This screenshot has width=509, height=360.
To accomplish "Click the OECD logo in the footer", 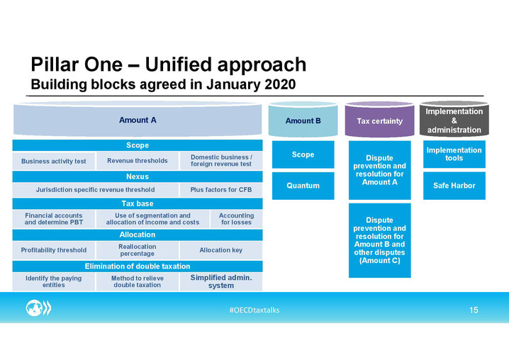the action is pyautogui.click(x=38, y=308).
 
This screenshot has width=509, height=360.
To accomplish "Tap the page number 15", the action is pyautogui.click(x=474, y=310).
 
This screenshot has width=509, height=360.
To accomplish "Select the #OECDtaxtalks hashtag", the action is pyautogui.click(x=254, y=310).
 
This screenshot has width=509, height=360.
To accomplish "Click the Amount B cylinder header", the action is pyautogui.click(x=303, y=119).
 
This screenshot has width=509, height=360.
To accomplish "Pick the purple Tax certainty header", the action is pyautogui.click(x=379, y=119).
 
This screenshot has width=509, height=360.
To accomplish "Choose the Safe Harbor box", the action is pyautogui.click(x=454, y=186).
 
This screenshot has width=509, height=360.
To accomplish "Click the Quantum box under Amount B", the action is pyautogui.click(x=303, y=186).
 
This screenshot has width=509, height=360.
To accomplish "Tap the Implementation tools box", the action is pyautogui.click(x=454, y=154).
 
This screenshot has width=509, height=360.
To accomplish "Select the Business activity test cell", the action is pyautogui.click(x=54, y=161).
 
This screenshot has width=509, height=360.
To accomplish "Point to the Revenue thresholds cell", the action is pyautogui.click(x=138, y=161).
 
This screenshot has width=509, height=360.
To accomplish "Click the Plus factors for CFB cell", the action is pyautogui.click(x=221, y=190).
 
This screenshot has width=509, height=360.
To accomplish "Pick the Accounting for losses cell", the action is pyautogui.click(x=236, y=219).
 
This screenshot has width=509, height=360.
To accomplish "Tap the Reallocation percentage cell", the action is pyautogui.click(x=138, y=250).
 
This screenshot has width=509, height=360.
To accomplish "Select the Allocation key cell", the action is pyautogui.click(x=221, y=250).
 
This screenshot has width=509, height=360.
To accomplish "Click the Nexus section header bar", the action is pyautogui.click(x=138, y=176).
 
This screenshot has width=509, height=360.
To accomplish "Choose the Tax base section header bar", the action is pyautogui.click(x=138, y=203).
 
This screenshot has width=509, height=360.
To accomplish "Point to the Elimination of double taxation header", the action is pyautogui.click(x=138, y=266).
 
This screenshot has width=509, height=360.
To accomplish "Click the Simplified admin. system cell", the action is pyautogui.click(x=221, y=281).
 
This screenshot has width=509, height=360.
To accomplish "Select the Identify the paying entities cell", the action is pyautogui.click(x=54, y=281).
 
